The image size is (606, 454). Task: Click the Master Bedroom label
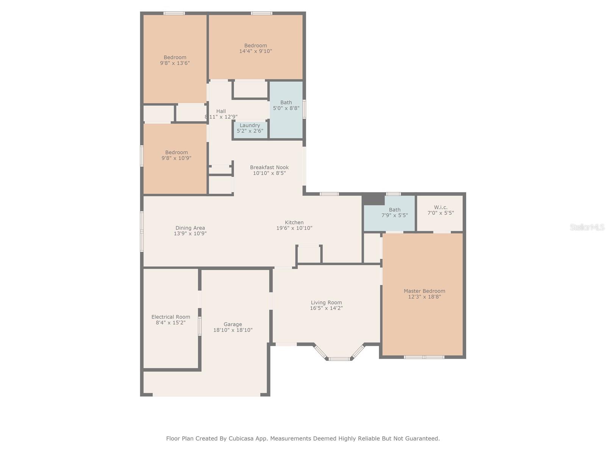point(424,291)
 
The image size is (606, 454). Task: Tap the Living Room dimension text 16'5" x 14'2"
point(326,308)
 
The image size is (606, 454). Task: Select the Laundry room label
point(250,125)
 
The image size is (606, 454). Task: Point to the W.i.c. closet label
point(440,207)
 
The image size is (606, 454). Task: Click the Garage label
point(233,324)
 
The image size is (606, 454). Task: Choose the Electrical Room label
point(170,317)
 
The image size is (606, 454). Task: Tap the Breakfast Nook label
point(269,167)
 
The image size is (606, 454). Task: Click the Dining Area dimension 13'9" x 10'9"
point(190,233)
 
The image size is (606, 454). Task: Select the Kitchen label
point(294,222)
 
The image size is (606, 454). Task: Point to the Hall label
point(221,111)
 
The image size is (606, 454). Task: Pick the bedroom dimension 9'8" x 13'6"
point(175,63)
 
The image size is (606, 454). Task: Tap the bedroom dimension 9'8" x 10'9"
point(176,158)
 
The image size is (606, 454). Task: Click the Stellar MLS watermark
point(587,227)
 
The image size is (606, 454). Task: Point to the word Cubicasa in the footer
point(241,438)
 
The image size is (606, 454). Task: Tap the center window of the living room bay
point(339,359)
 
